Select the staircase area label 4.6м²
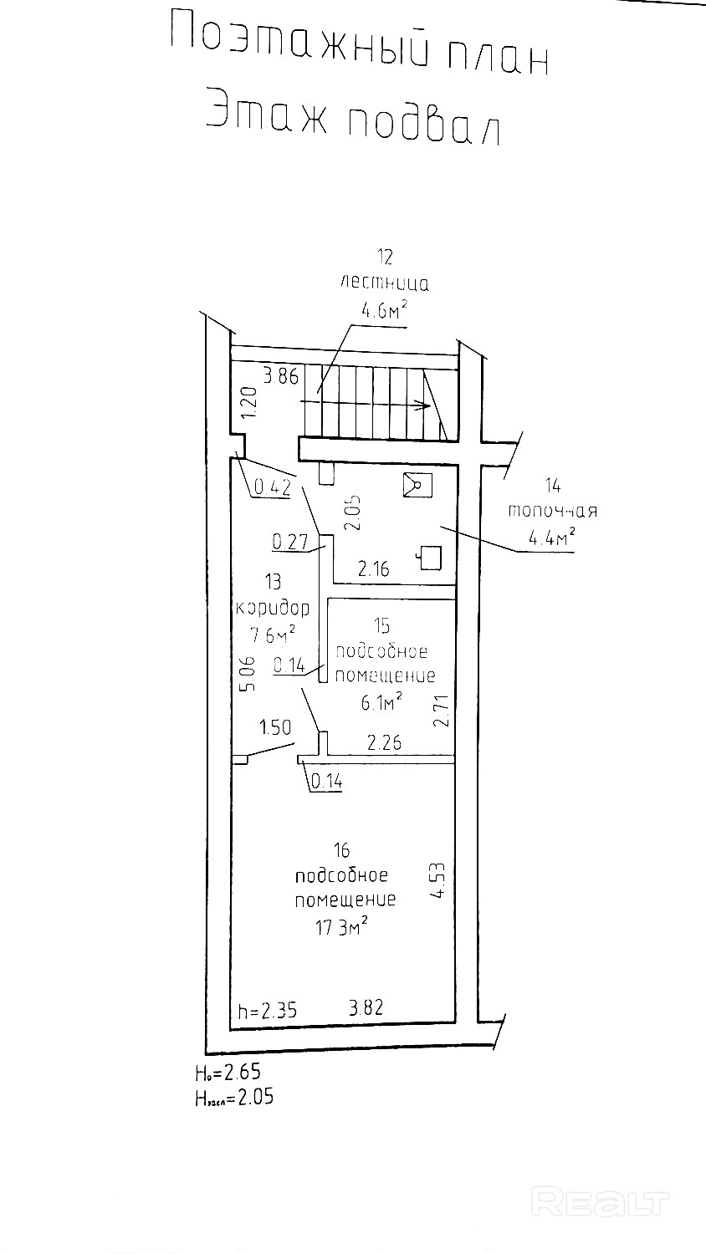(x=384, y=311)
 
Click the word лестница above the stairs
(x=385, y=283)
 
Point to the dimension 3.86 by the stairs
(x=280, y=376)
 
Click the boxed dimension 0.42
(x=272, y=487)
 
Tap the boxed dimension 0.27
(x=292, y=542)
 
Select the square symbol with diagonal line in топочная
(x=417, y=485)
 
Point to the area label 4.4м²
(x=551, y=539)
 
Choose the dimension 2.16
(x=373, y=570)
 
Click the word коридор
(x=274, y=608)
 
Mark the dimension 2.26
(x=385, y=742)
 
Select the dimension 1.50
(x=275, y=727)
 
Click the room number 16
(x=340, y=851)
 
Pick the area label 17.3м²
(x=342, y=928)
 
